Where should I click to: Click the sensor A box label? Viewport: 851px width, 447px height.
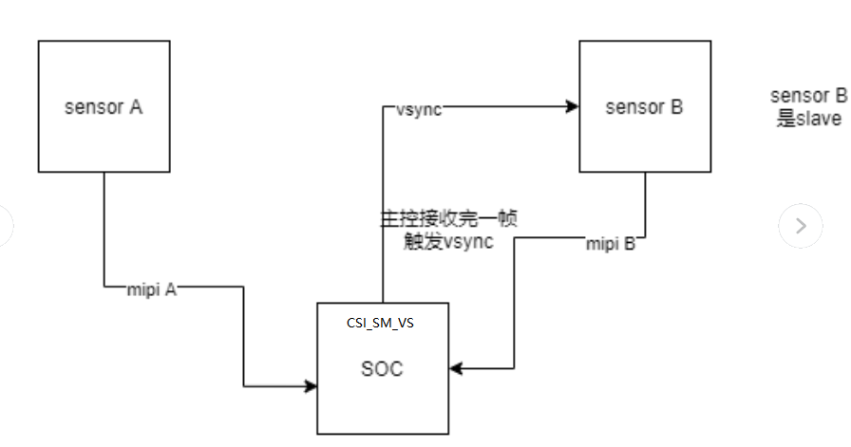104,106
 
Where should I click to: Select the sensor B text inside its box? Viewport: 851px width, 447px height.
644,106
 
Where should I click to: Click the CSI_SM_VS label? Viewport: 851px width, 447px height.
381,323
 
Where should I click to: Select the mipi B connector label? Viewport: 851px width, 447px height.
610,244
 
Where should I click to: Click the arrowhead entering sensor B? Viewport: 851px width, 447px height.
573,107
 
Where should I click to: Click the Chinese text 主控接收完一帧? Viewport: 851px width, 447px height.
448,219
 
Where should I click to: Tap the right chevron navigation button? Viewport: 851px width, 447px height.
800,226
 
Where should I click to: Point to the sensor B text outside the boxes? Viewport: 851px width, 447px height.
807,96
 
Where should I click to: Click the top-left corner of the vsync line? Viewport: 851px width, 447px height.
383,107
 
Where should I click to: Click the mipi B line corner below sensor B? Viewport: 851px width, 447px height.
647,237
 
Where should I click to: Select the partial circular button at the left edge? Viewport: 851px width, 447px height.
5,226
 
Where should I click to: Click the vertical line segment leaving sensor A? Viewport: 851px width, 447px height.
104,228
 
